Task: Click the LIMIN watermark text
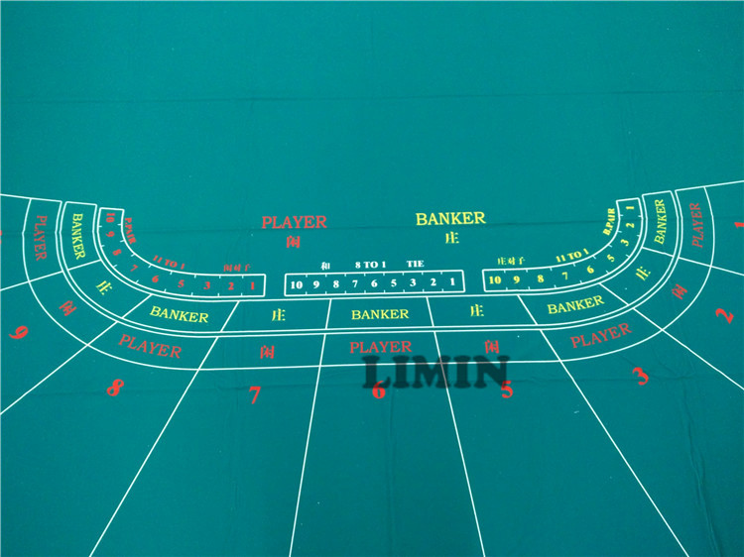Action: [435, 373]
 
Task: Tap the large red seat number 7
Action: [254, 395]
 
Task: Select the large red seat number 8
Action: [114, 388]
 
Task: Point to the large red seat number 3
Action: [641, 376]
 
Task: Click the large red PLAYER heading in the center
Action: [294, 222]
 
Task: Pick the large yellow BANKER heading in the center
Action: [450, 218]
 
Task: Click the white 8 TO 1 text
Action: [371, 266]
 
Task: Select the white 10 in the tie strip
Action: [296, 284]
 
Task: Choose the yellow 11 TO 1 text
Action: [570, 258]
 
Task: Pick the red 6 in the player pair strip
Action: [155, 279]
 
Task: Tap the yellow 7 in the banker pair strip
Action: [565, 275]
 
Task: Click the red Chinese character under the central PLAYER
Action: [293, 241]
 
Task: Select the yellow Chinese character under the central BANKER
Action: [452, 238]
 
